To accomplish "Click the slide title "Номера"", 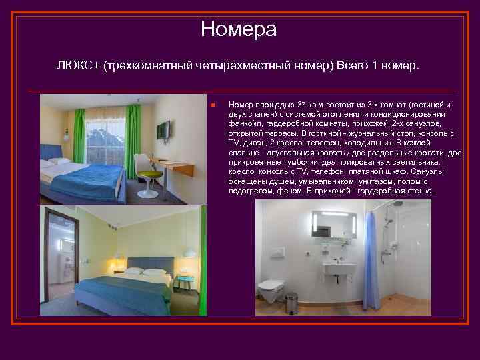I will point(239,29).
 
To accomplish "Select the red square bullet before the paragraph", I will point(210,105).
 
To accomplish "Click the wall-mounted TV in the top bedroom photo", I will point(163,131).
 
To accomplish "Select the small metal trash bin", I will point(291,304).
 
